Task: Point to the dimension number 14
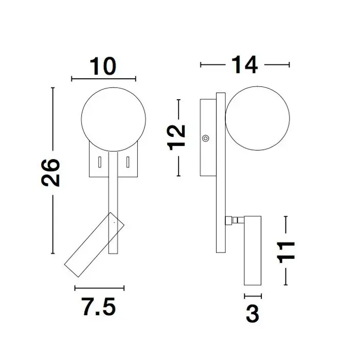[x=244, y=65]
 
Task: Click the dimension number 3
[x=251, y=314]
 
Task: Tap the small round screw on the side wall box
[x=206, y=138]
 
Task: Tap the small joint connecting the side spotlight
[x=234, y=220]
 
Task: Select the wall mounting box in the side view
[x=207, y=137]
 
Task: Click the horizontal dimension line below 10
[x=104, y=79]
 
